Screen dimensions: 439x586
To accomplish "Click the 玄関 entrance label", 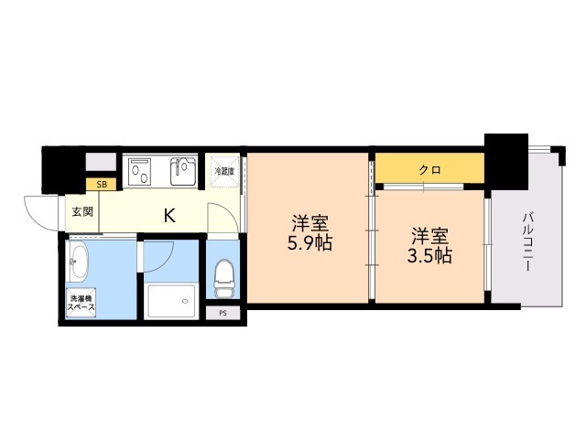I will [81, 213].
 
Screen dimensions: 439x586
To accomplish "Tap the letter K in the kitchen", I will [169, 216].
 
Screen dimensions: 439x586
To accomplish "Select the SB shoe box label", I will [102, 185].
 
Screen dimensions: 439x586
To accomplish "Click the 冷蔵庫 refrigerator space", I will [224, 171].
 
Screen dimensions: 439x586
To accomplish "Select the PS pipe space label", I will [222, 314].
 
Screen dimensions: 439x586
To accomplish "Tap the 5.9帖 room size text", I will [309, 244].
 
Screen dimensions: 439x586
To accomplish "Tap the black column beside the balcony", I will [505, 159].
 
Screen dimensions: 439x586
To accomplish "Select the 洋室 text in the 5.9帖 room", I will [309, 222].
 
